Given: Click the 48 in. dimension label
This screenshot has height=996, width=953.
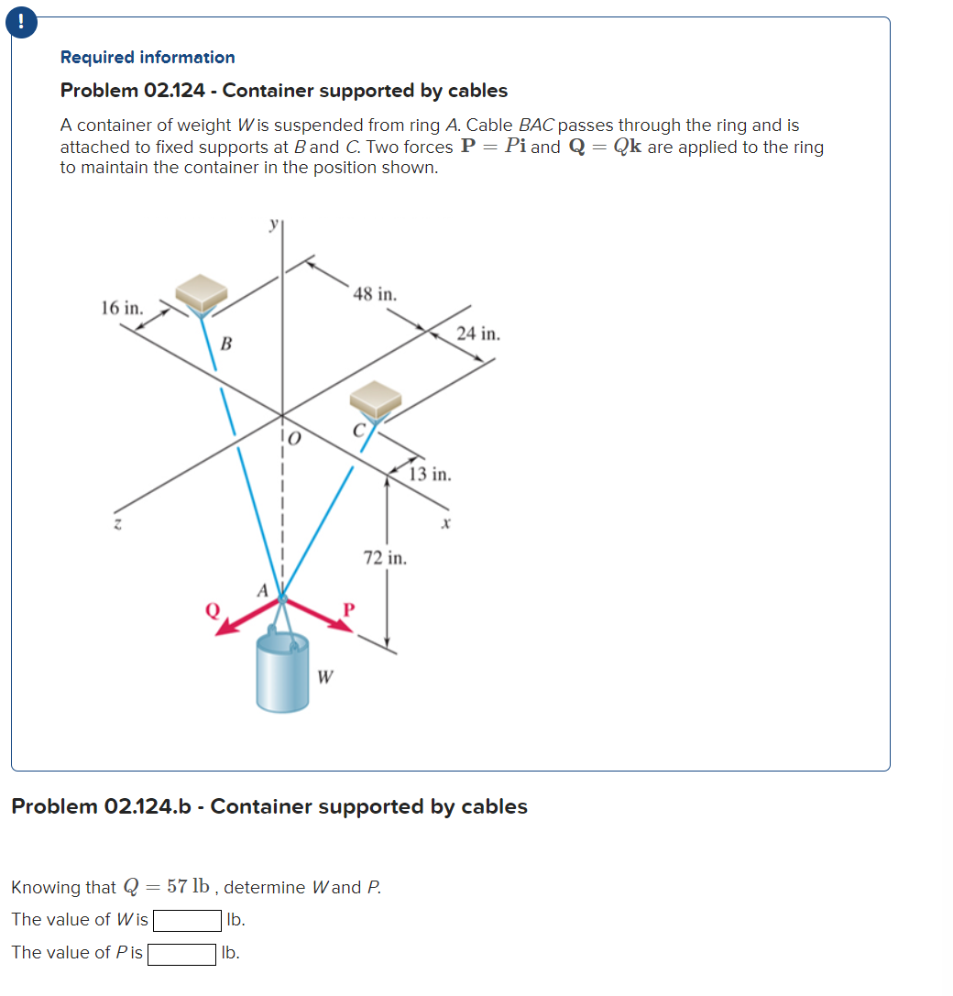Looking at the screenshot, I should tap(375, 295).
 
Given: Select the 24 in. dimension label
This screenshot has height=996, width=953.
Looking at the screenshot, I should tap(478, 334).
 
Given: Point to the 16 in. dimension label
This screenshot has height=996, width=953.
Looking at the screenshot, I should tap(122, 307).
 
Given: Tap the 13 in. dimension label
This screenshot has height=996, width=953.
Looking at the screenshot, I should tap(429, 474).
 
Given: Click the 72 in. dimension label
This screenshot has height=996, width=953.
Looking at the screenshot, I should tap(385, 557).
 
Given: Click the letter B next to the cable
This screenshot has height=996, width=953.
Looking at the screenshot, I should tap(226, 345).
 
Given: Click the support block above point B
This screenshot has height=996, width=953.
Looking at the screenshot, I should tap(202, 292).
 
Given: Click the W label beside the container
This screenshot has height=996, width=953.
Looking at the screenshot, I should tap(324, 678).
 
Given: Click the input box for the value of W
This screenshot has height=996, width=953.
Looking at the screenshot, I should tap(187, 919).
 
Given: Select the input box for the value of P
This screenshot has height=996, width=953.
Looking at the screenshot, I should tap(182, 953).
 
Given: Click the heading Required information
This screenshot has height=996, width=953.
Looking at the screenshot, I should tap(148, 57).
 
